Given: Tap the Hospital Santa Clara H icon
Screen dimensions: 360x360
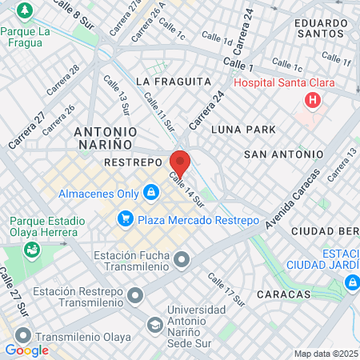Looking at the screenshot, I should coord(313,101).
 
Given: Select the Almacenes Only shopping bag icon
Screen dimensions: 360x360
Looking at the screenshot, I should coord(150,193).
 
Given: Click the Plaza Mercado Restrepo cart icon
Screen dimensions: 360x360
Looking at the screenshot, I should coord(125,218).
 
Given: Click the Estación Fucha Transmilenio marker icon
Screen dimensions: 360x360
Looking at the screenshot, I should coord(183,259).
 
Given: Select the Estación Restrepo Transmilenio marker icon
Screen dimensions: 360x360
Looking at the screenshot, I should coord(136,296).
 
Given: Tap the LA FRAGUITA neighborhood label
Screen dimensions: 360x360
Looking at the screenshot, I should coord(174,81).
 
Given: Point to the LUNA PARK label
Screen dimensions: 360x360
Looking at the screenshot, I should coord(243,129).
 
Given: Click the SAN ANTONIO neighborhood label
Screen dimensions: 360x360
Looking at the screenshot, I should coord(283,154).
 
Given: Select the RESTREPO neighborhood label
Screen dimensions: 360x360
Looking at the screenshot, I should coord(134,162).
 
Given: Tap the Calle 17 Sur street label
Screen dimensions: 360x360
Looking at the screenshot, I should coord(226,289).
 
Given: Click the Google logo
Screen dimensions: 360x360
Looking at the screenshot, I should coord(26,350).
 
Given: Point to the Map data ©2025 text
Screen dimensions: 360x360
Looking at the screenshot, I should coord(326,354).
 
